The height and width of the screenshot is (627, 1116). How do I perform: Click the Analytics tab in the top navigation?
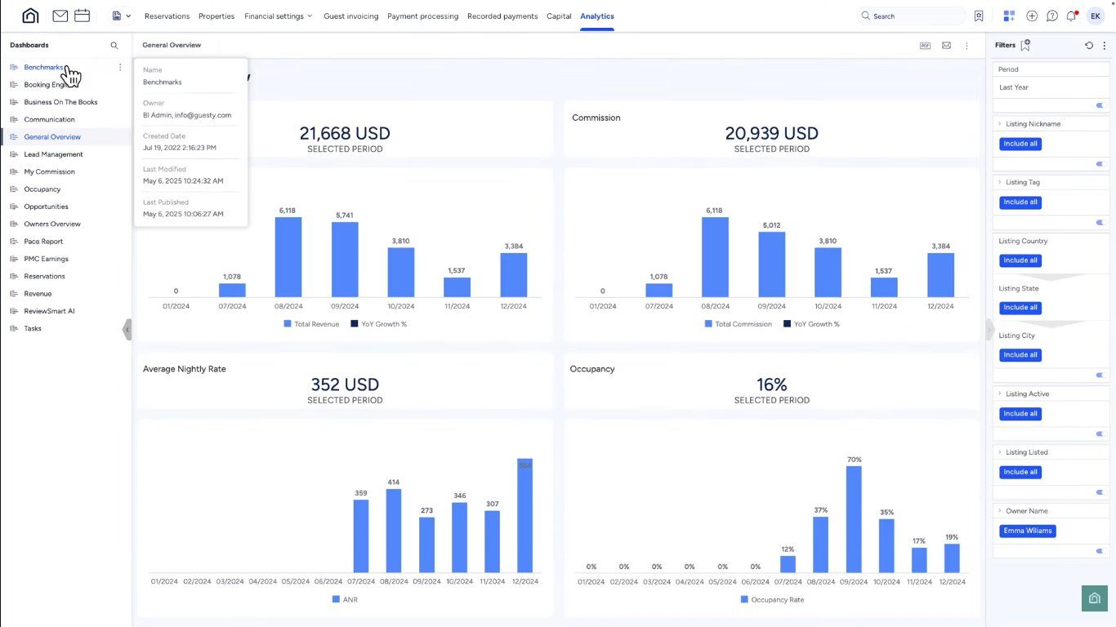pos(596,16)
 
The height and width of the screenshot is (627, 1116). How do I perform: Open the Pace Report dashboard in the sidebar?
pos(43,242)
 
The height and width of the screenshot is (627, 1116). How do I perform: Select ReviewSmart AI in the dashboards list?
pos(49,311)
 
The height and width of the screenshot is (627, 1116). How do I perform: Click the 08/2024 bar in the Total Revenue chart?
pos(288,257)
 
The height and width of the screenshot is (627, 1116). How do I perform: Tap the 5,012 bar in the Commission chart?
pos(771,265)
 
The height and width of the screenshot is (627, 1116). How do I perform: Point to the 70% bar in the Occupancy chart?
pos(854,519)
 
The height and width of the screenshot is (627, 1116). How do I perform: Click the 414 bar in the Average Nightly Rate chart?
pos(394,531)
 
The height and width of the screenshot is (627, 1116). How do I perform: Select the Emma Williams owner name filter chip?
pos(1027,531)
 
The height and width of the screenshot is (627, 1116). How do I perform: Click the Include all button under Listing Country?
pos(1020,260)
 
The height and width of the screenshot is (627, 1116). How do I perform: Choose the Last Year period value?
pos(1014,87)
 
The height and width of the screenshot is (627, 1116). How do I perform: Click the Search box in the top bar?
pos(911,16)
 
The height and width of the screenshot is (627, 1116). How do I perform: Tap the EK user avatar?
pos(1095,16)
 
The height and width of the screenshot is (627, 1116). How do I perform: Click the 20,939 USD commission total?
pos(771,134)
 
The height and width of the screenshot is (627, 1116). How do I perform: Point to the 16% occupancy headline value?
pos(771,385)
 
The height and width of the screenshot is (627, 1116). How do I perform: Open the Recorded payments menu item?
pos(502,16)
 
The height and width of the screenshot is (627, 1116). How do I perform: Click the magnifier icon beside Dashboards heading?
pos(114,46)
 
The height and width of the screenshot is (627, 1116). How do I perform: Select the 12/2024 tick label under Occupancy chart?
pos(952,582)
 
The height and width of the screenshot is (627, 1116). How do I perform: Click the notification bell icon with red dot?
pos(1071,16)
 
